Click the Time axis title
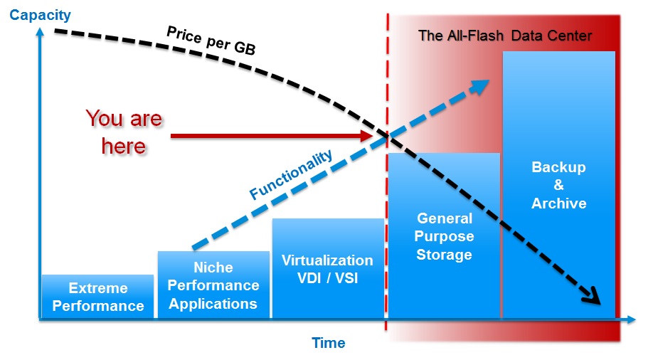point(328,343)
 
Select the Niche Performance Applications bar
point(213,285)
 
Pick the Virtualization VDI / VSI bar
point(327,268)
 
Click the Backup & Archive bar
point(558,185)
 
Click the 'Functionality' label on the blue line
point(291,175)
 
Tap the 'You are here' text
point(124,132)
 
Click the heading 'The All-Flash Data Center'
point(505,36)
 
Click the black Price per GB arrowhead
point(594,294)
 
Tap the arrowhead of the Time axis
point(631,320)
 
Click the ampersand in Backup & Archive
point(558,186)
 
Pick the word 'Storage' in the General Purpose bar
point(444,254)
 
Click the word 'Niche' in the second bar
point(213,268)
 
